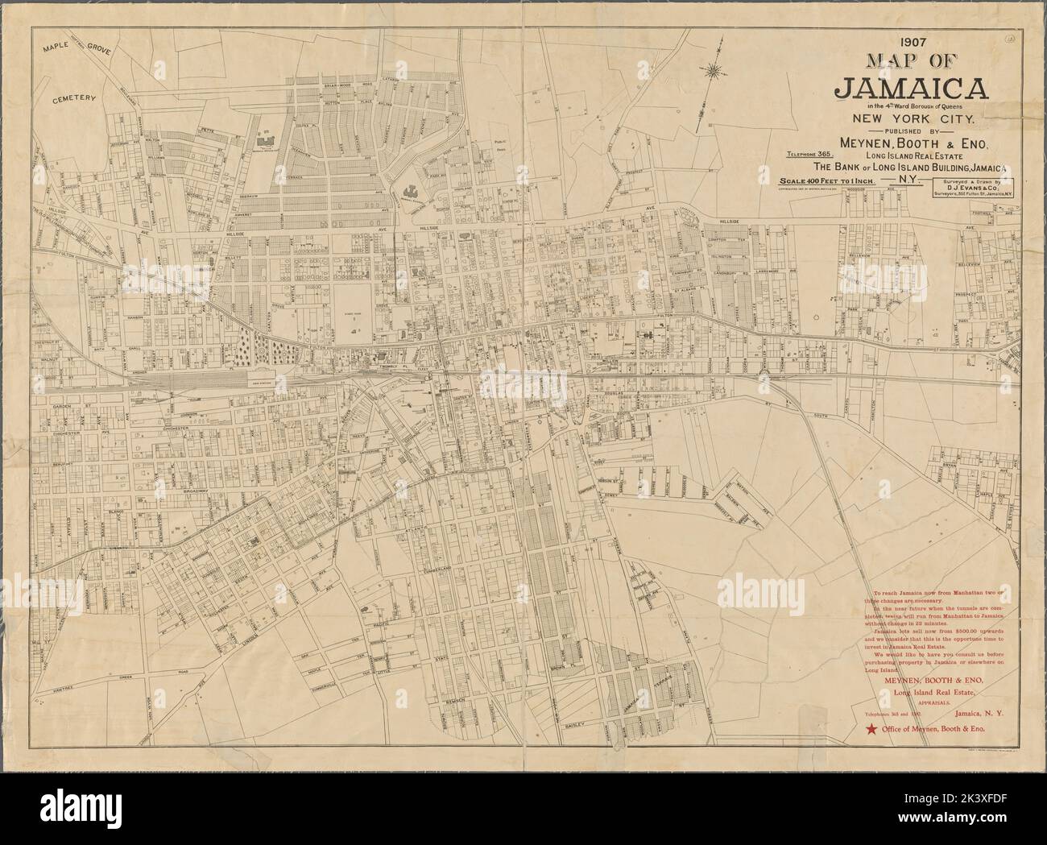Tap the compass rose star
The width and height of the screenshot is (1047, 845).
(713, 71)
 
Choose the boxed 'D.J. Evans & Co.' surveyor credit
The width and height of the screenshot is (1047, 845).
(976, 188)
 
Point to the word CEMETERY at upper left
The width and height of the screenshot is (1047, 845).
(74, 99)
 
